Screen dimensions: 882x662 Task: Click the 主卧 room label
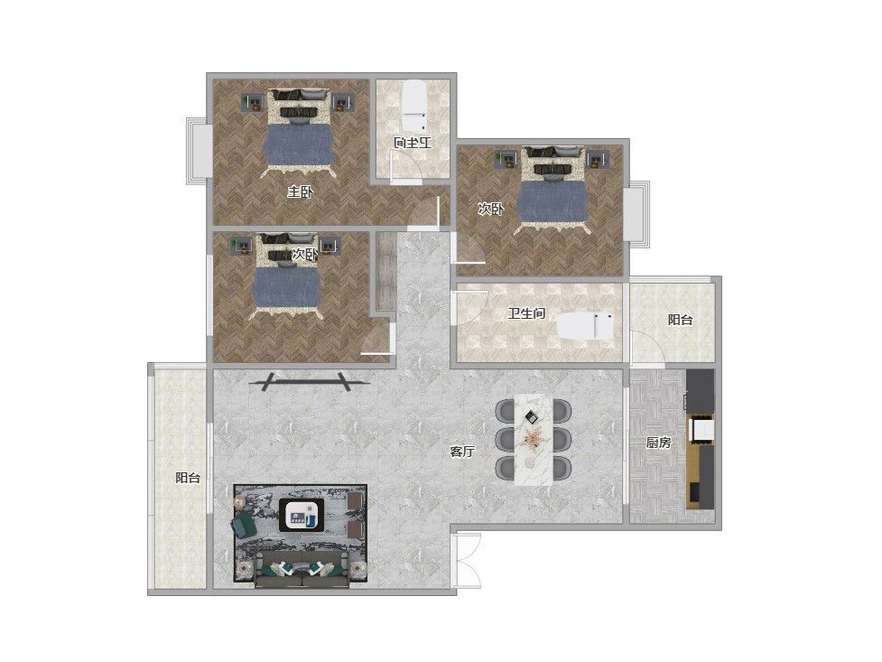(x=300, y=192)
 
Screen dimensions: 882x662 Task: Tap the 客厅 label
(x=462, y=452)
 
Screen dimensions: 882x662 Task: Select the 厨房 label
(x=658, y=443)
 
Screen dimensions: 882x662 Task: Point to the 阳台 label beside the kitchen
(x=680, y=320)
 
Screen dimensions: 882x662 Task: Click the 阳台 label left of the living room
(x=188, y=478)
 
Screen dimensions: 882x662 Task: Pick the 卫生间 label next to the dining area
(x=526, y=313)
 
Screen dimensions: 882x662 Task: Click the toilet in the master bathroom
(x=415, y=107)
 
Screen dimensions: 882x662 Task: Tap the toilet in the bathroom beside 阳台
(x=585, y=326)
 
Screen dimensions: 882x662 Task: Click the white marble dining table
(x=534, y=439)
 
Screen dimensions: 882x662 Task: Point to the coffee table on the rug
(x=302, y=513)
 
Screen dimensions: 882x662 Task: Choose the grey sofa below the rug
(x=302, y=569)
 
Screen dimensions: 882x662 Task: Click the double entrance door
(x=468, y=561)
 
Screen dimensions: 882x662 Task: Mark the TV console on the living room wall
(x=308, y=382)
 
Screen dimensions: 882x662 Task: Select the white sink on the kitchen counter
(x=701, y=430)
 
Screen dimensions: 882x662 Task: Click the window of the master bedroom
(x=199, y=151)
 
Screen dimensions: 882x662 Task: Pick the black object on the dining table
(x=531, y=416)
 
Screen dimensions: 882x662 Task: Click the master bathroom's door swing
(x=406, y=167)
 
